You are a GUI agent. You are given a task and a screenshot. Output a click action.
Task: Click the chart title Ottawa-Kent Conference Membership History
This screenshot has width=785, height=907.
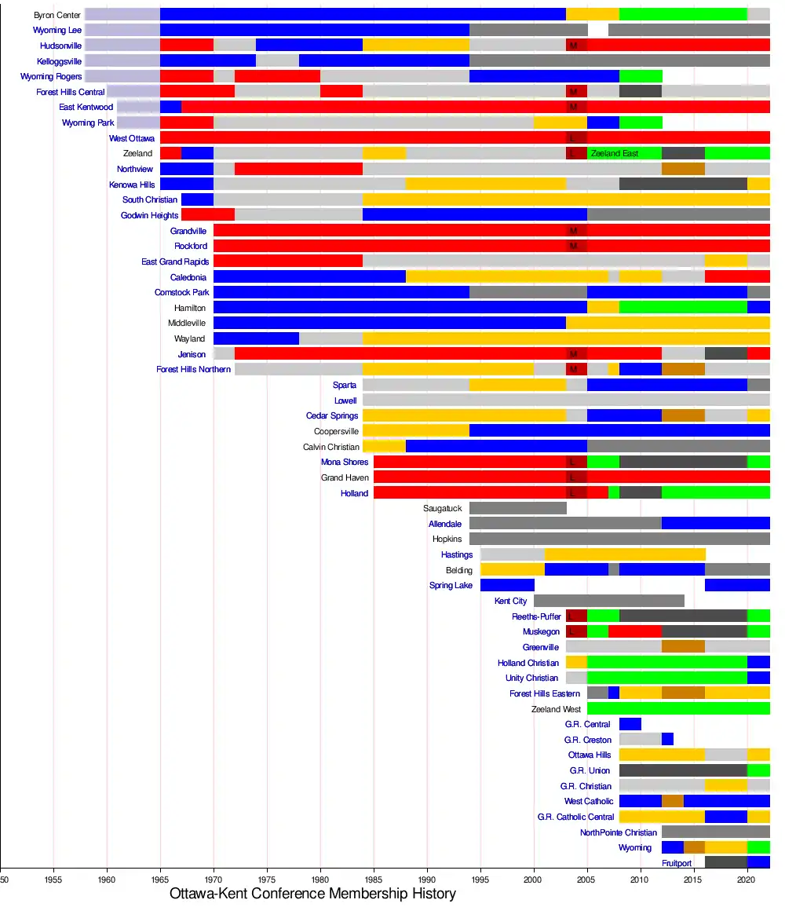click(x=312, y=894)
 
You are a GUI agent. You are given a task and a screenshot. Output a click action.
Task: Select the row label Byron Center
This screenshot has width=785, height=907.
click(x=57, y=15)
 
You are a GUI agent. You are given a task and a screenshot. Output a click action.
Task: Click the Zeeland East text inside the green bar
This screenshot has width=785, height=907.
click(x=615, y=154)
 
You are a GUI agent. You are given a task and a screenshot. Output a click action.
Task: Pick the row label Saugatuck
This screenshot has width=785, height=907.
click(x=443, y=509)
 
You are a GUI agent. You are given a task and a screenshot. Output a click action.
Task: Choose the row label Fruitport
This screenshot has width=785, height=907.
click(x=677, y=863)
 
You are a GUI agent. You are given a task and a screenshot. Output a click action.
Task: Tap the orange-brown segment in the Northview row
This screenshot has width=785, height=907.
click(x=683, y=169)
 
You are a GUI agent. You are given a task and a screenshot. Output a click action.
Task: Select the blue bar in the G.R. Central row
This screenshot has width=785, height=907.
click(x=630, y=724)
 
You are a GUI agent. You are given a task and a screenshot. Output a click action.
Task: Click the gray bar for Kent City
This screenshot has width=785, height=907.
click(x=608, y=601)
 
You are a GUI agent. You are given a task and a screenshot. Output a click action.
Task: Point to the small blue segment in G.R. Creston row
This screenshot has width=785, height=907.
click(x=667, y=740)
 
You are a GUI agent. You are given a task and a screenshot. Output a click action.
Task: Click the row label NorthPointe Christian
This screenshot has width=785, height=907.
click(x=619, y=832)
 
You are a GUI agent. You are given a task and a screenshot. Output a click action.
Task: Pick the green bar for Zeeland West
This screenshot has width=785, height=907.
click(x=678, y=709)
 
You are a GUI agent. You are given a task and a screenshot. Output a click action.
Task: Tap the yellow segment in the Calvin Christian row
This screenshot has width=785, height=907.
click(x=384, y=447)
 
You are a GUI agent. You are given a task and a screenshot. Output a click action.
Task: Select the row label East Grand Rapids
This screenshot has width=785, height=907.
click(x=175, y=261)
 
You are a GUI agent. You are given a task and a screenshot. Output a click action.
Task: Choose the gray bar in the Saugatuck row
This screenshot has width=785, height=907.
click(x=517, y=508)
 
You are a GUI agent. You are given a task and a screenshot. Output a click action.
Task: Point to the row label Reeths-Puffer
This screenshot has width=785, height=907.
click(x=537, y=616)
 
